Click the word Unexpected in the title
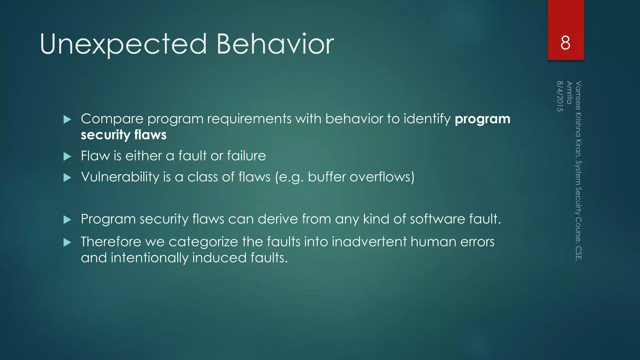[x=123, y=44]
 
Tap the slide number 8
[x=565, y=43]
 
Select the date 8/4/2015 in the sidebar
[x=560, y=96]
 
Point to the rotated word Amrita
[x=569, y=92]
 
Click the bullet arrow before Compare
[x=67, y=119]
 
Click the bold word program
[x=482, y=119]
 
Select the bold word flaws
[x=150, y=135]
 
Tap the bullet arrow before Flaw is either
[x=67, y=156]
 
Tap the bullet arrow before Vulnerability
[x=67, y=178]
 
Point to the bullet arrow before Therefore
[x=67, y=242]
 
